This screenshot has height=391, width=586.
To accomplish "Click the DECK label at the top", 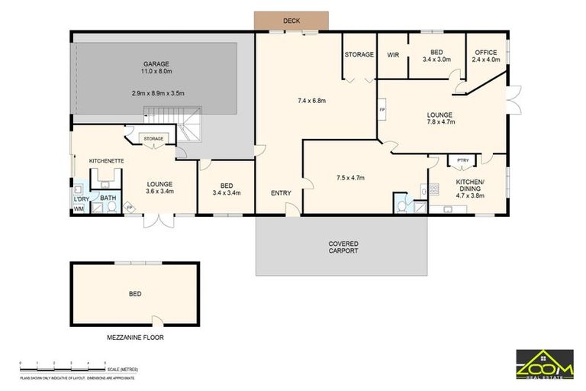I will tap(291, 21).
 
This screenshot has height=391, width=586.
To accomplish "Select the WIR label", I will tap(394, 55).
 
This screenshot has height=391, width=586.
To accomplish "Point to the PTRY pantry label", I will tap(462, 160).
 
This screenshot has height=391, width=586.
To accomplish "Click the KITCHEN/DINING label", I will tap(470, 186).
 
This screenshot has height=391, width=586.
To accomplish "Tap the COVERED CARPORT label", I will tap(343, 247).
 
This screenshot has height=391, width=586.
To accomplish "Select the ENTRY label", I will tap(281, 193).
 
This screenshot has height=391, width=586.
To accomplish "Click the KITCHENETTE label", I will tap(107, 161).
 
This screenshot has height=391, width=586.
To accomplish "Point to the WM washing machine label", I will tap(79, 208).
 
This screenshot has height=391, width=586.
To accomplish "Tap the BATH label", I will tap(108, 198).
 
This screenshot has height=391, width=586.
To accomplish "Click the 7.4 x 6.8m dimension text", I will tap(317, 100).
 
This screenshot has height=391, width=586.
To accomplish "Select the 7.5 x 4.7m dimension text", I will tap(350, 178).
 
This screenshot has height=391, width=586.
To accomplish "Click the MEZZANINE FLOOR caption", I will tap(135, 337).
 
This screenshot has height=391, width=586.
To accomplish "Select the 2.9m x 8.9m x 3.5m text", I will tap(158, 93).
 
